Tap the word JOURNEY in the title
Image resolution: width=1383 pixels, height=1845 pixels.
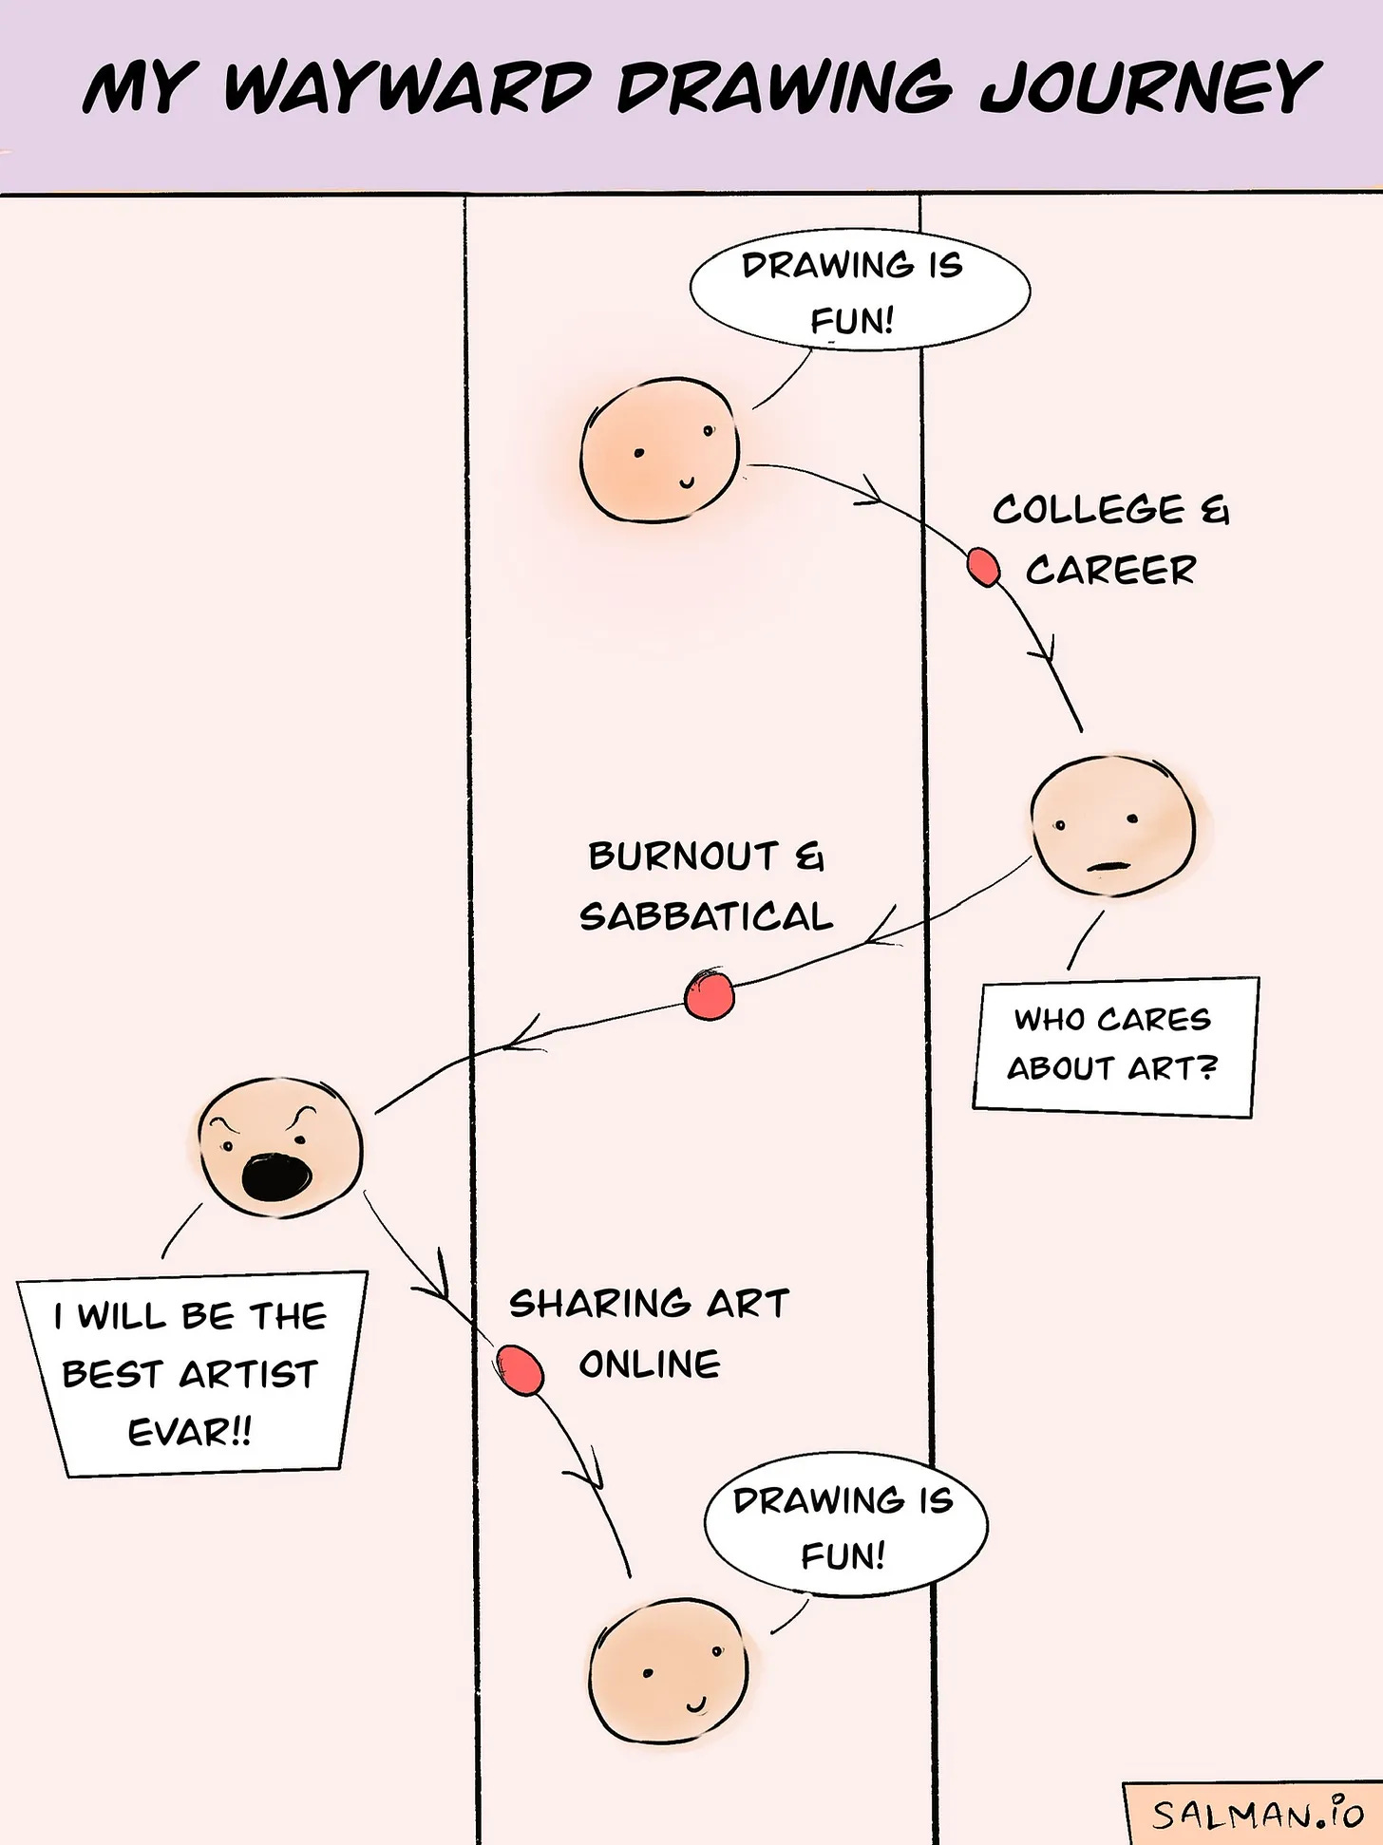pos(1149,87)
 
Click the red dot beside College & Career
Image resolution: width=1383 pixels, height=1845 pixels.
pos(983,568)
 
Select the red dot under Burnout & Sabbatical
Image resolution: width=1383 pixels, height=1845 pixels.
pos(710,995)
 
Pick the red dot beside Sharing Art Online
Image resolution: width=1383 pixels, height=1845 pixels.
pos(520,1369)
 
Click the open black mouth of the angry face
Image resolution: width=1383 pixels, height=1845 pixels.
pos(275,1177)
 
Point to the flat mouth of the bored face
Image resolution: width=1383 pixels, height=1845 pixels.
pos(1108,866)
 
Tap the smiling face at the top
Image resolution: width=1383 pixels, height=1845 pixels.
pos(660,450)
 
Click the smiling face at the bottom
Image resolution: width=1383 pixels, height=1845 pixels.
pos(669,1671)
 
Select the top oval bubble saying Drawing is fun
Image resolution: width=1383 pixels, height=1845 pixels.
pos(859,290)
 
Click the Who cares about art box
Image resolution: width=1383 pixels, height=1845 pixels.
pos(1113,1045)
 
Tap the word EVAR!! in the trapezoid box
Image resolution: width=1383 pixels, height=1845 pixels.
pos(190,1432)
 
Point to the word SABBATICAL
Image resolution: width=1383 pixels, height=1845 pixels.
pos(706,917)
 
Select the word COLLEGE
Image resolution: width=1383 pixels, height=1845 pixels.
pos(1089,510)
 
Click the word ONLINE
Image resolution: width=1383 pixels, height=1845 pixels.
pos(650,1365)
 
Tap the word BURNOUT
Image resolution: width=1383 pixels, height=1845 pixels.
pos(683,857)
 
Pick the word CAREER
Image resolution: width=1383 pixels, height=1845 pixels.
pos(1111,570)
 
